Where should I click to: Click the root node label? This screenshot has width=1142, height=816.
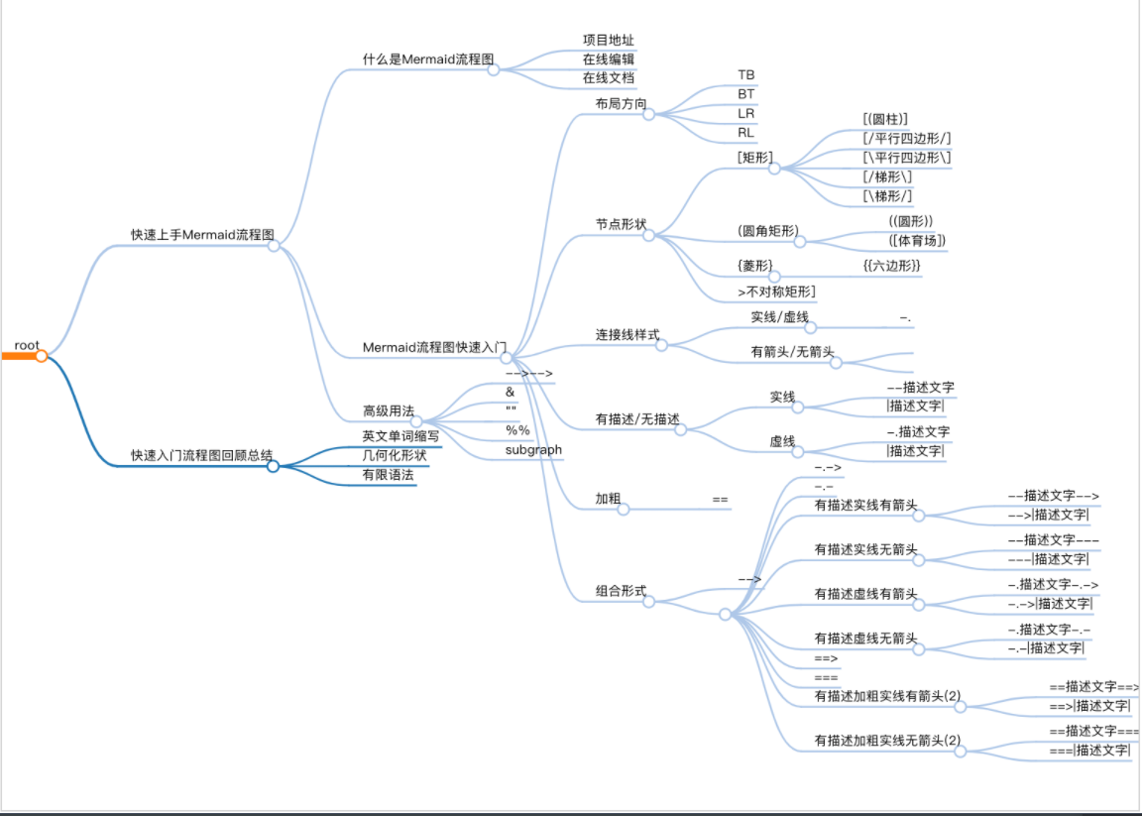pos(27,345)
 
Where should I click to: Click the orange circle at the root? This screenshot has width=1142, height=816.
pos(42,356)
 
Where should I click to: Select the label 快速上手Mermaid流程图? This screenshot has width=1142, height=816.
pos(202,235)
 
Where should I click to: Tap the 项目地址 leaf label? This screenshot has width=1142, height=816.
pos(608,40)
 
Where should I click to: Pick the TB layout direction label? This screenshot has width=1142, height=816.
pos(745,75)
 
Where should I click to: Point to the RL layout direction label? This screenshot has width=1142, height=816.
pos(745,133)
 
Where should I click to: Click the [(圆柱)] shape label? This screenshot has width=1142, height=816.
pos(885,119)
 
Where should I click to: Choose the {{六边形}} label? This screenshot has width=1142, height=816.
pos(891,265)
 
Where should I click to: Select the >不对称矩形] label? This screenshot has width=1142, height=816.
pos(776,291)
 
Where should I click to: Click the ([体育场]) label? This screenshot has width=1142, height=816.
pos(917,240)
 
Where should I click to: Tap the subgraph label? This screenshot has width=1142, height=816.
pos(534,450)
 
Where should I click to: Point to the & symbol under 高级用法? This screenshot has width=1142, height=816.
pos(510,392)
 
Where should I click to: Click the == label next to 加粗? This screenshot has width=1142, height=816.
pos(721,499)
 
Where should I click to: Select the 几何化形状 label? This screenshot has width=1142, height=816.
pos(395,455)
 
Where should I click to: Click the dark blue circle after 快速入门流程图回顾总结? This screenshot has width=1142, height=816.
pos(274,466)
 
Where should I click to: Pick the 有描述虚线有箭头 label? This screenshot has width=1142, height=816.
pos(866,594)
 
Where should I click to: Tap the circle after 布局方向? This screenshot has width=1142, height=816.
pos(648,114)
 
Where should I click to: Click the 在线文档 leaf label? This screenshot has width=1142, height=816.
pos(608,78)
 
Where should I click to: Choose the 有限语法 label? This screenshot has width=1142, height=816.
pos(389,475)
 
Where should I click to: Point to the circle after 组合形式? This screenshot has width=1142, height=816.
pos(648,602)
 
